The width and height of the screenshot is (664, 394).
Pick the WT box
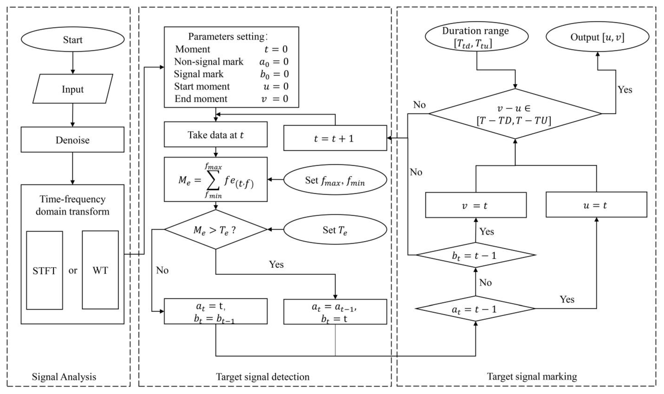(100, 270)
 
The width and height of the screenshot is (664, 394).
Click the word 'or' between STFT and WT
(73, 270)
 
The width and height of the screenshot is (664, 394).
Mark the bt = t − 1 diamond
(475, 255)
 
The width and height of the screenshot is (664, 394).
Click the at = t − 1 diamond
(475, 309)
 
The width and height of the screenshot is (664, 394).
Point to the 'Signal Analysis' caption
(64, 377)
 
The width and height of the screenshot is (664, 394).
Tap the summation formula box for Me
(215, 180)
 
